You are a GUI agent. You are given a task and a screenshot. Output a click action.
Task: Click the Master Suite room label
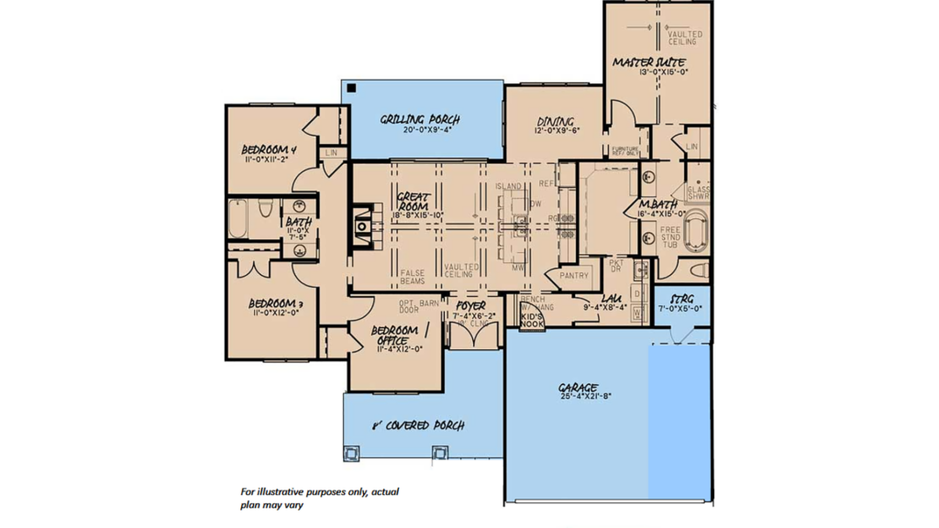click(x=651, y=61)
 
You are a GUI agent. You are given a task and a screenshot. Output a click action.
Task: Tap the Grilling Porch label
click(x=420, y=119)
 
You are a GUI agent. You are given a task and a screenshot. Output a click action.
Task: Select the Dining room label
click(x=556, y=121)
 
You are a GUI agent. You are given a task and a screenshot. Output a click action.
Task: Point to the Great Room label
click(x=415, y=202)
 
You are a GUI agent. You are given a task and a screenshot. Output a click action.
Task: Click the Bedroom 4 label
click(x=270, y=149)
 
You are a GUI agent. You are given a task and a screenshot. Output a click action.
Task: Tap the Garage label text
click(x=579, y=388)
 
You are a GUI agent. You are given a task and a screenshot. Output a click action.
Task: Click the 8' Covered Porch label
click(x=417, y=425)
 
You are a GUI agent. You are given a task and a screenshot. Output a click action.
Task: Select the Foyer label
click(x=471, y=306)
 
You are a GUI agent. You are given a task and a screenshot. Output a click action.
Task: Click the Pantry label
click(x=574, y=275)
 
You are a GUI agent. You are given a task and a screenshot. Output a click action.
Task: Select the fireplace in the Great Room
click(x=363, y=225)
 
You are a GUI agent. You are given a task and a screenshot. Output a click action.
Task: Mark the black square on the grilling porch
click(x=351, y=89)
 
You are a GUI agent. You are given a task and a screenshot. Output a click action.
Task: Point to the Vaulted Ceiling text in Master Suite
click(x=685, y=38)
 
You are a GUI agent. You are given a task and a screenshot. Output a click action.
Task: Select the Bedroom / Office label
click(x=395, y=335)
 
